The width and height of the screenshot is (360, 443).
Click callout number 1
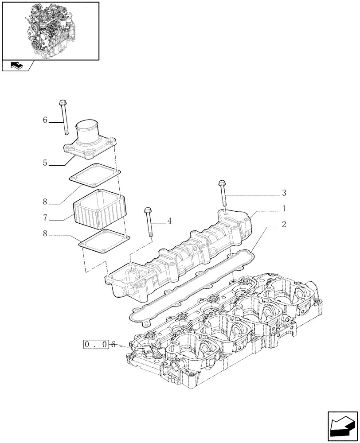pos(284,208)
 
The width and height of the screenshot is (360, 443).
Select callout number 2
pos(284,224)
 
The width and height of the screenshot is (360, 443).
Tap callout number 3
pos(284,193)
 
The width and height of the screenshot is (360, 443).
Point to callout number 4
pos(169,221)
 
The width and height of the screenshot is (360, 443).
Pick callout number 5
pos(45,163)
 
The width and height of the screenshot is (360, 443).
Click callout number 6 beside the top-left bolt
pos(45,120)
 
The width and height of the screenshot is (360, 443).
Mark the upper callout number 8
pos(45,202)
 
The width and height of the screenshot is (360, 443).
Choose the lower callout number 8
pos(45,233)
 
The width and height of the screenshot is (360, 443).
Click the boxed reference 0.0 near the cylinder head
pos(95,345)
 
